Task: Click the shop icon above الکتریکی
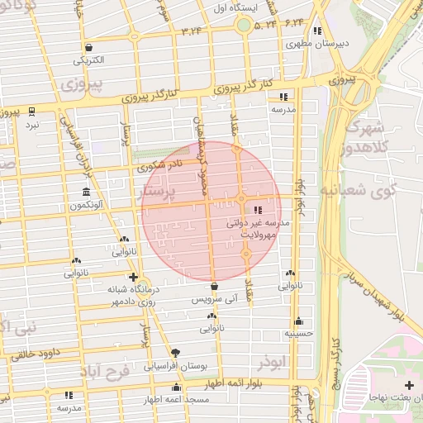[x=88, y=48]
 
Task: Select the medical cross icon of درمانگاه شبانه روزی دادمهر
[x=133, y=277]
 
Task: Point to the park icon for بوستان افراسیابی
[x=174, y=351]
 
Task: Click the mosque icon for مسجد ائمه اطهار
[x=175, y=387]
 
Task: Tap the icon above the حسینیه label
[x=298, y=321]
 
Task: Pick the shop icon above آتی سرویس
[x=214, y=287]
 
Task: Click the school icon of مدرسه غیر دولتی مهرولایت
[x=257, y=210]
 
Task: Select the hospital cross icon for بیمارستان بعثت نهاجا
[x=410, y=385]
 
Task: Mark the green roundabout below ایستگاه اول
[x=244, y=25]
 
